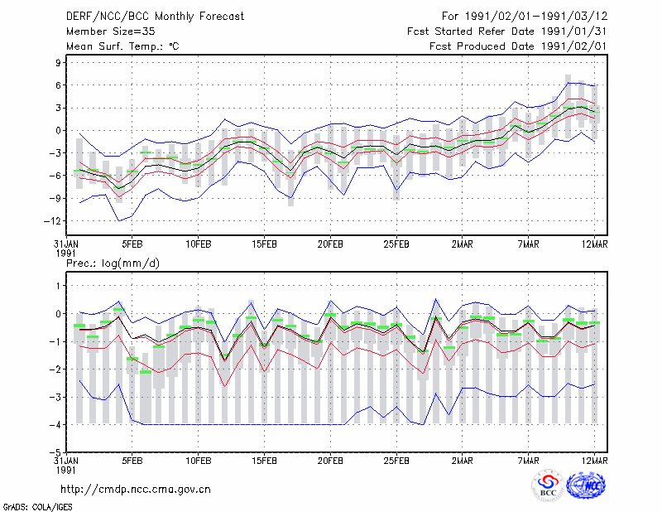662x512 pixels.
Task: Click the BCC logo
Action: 548,485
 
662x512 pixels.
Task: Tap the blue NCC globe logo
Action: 586,485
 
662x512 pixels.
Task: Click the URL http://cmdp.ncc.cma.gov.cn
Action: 136,490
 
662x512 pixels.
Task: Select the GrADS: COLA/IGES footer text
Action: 37,507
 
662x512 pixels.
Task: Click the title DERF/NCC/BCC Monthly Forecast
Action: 155,17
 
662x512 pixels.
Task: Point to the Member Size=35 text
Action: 111,31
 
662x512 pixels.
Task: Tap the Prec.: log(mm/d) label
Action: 113,263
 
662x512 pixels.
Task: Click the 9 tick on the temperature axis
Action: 58,63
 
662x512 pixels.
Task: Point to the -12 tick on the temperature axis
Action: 52,220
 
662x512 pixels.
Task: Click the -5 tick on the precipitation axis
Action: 55,452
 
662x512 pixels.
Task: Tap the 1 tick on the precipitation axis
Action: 59,286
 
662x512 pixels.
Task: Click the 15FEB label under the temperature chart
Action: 264,244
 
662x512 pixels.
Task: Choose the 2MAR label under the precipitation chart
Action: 463,461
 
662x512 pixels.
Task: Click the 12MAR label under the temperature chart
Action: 594,244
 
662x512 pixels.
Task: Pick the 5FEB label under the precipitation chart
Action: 132,461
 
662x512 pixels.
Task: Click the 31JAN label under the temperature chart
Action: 66,244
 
